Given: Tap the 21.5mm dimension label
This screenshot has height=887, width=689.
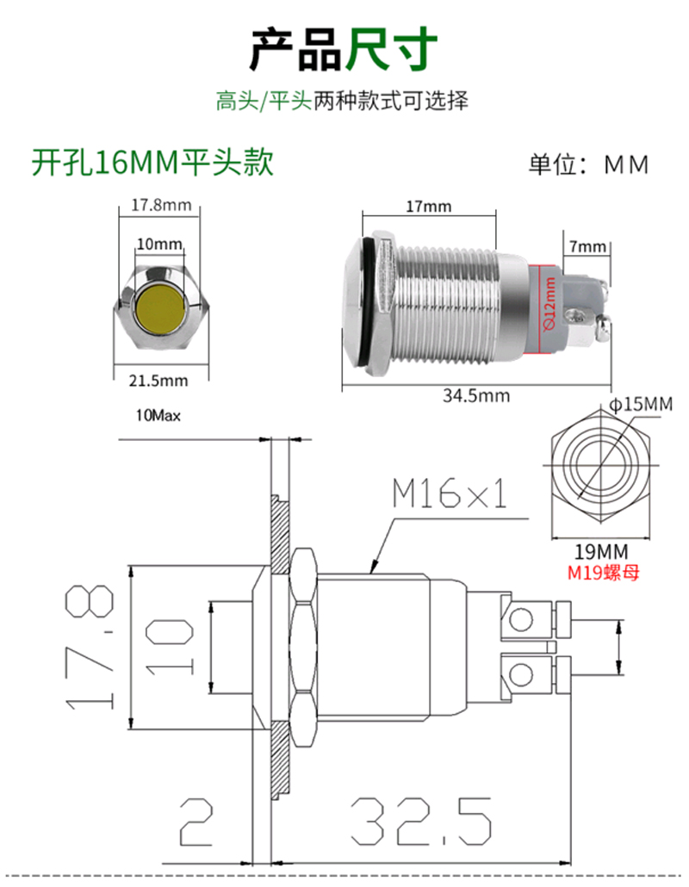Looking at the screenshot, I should tap(161, 381).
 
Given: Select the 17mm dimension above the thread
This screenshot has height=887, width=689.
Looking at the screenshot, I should tap(428, 207).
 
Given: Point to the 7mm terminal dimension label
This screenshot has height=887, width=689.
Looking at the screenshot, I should tap(587, 246).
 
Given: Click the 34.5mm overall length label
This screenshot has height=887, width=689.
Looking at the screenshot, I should tap(476, 396).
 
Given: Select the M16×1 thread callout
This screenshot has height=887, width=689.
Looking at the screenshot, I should tap(449, 495).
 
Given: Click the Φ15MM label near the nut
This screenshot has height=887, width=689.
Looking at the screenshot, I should tap(639, 403).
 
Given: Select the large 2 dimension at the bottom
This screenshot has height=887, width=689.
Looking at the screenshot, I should tap(196, 823).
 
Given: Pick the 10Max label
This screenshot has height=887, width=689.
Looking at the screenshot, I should tap(158, 416).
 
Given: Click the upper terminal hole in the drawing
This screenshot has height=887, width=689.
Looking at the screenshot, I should tap(521, 619).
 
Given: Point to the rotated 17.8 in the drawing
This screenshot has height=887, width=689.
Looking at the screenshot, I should tap(91, 648).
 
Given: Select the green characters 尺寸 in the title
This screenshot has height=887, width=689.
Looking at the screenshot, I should tap(392, 50).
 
